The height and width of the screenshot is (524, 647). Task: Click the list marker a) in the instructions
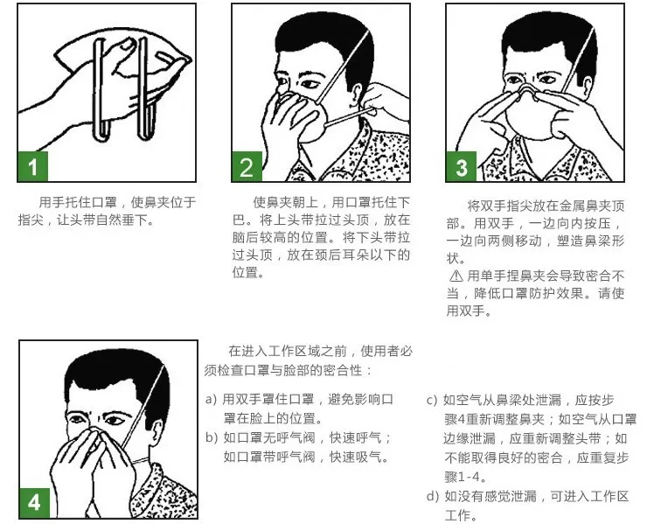(211, 400)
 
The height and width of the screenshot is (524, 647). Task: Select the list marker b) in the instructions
(211, 438)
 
